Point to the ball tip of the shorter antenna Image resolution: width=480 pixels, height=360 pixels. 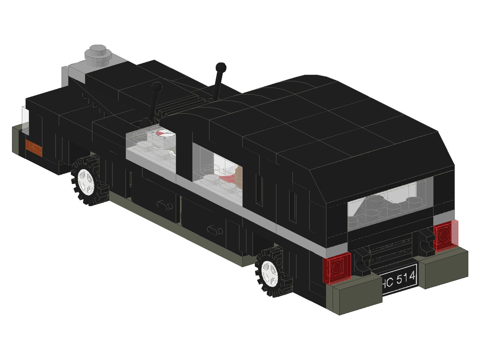click(157, 88)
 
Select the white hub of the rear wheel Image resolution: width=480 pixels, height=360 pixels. click(270, 273)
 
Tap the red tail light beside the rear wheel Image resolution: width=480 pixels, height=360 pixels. click(337, 268)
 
